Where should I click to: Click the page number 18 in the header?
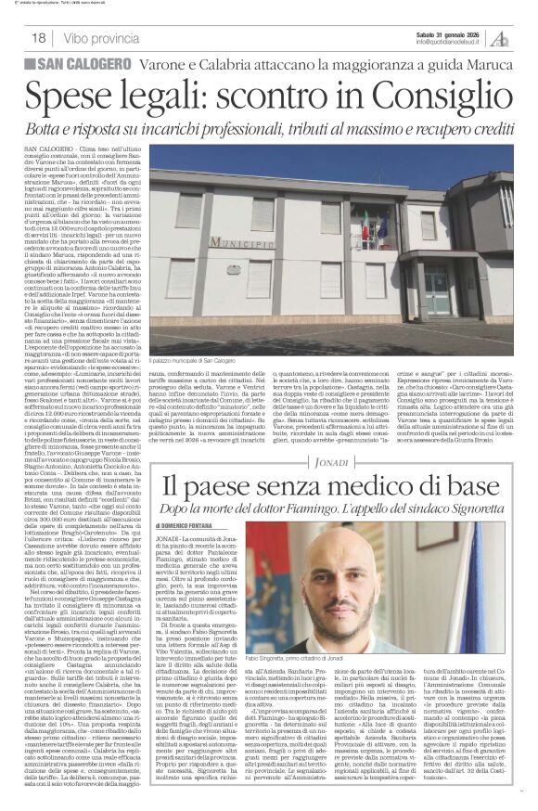coord(37,38)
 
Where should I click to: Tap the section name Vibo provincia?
coord(103,38)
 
